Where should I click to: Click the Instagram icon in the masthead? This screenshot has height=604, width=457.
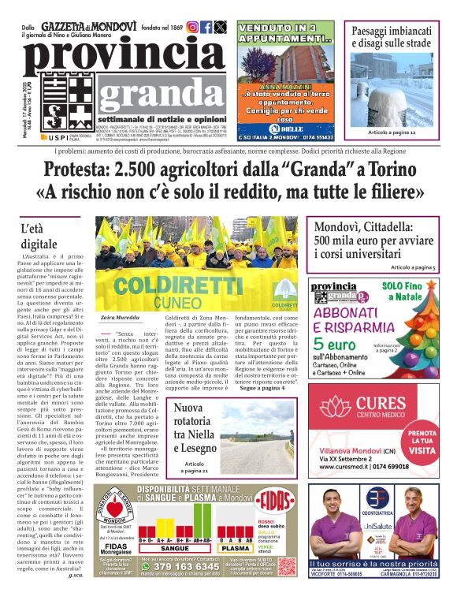(x=192, y=27)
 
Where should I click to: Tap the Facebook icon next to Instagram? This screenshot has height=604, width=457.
(x=206, y=27)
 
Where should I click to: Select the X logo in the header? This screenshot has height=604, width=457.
(x=221, y=27)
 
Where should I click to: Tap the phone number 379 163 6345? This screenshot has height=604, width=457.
(x=174, y=566)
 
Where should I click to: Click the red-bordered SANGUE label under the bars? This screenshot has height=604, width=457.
(x=174, y=549)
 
